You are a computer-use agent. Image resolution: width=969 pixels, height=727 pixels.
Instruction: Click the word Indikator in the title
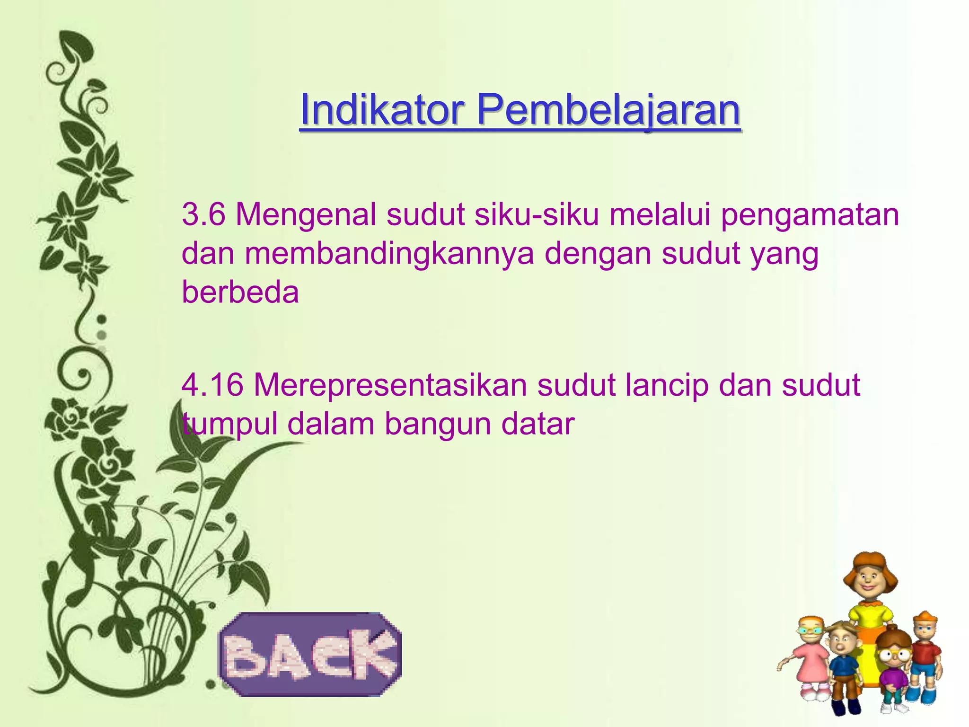(x=381, y=110)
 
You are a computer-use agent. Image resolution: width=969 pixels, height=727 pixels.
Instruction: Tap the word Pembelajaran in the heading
(x=608, y=110)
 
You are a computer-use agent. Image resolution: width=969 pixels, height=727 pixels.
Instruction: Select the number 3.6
(x=203, y=214)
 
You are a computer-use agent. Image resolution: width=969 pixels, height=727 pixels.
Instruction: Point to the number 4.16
(x=212, y=384)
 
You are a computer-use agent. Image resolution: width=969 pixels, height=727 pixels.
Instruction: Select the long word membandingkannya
(x=389, y=254)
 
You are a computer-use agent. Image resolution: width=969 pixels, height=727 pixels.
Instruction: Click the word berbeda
(x=240, y=292)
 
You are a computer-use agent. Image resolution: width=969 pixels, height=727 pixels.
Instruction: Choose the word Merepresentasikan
(x=390, y=385)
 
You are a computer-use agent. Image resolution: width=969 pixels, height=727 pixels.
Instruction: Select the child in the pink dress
(x=812, y=658)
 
